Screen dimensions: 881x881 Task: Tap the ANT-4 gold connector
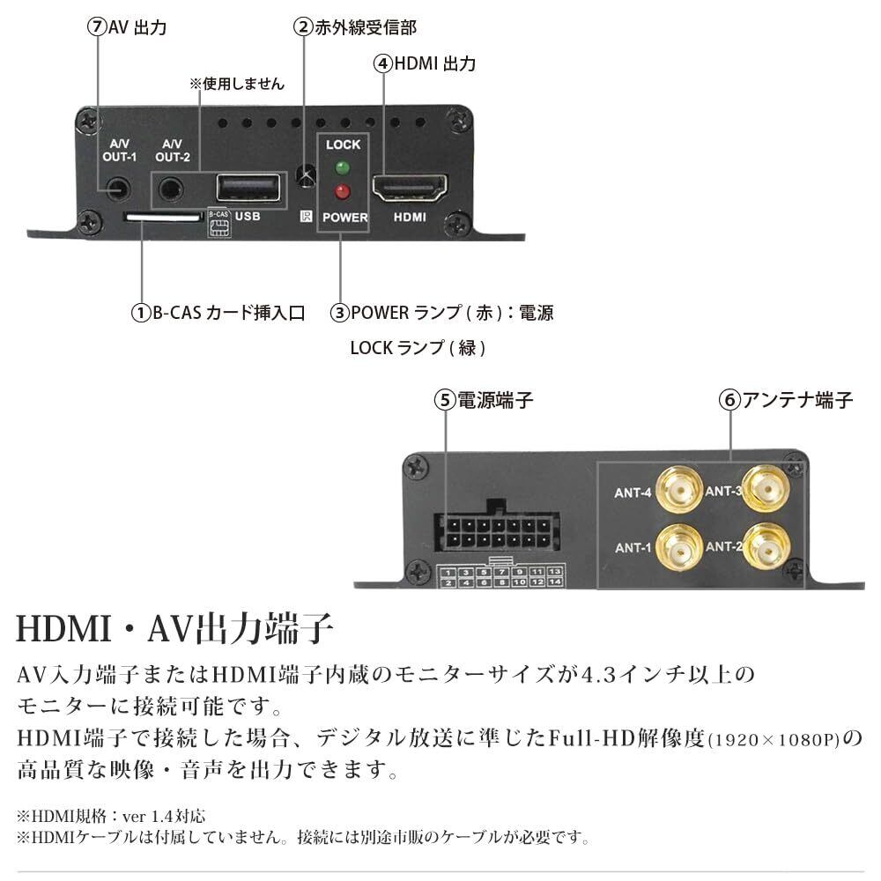[677, 491]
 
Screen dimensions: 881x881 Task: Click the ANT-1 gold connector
[677, 546]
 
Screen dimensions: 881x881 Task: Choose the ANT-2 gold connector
[763, 547]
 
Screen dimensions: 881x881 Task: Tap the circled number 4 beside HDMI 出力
[382, 64]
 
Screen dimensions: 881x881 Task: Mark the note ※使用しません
[237, 85]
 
